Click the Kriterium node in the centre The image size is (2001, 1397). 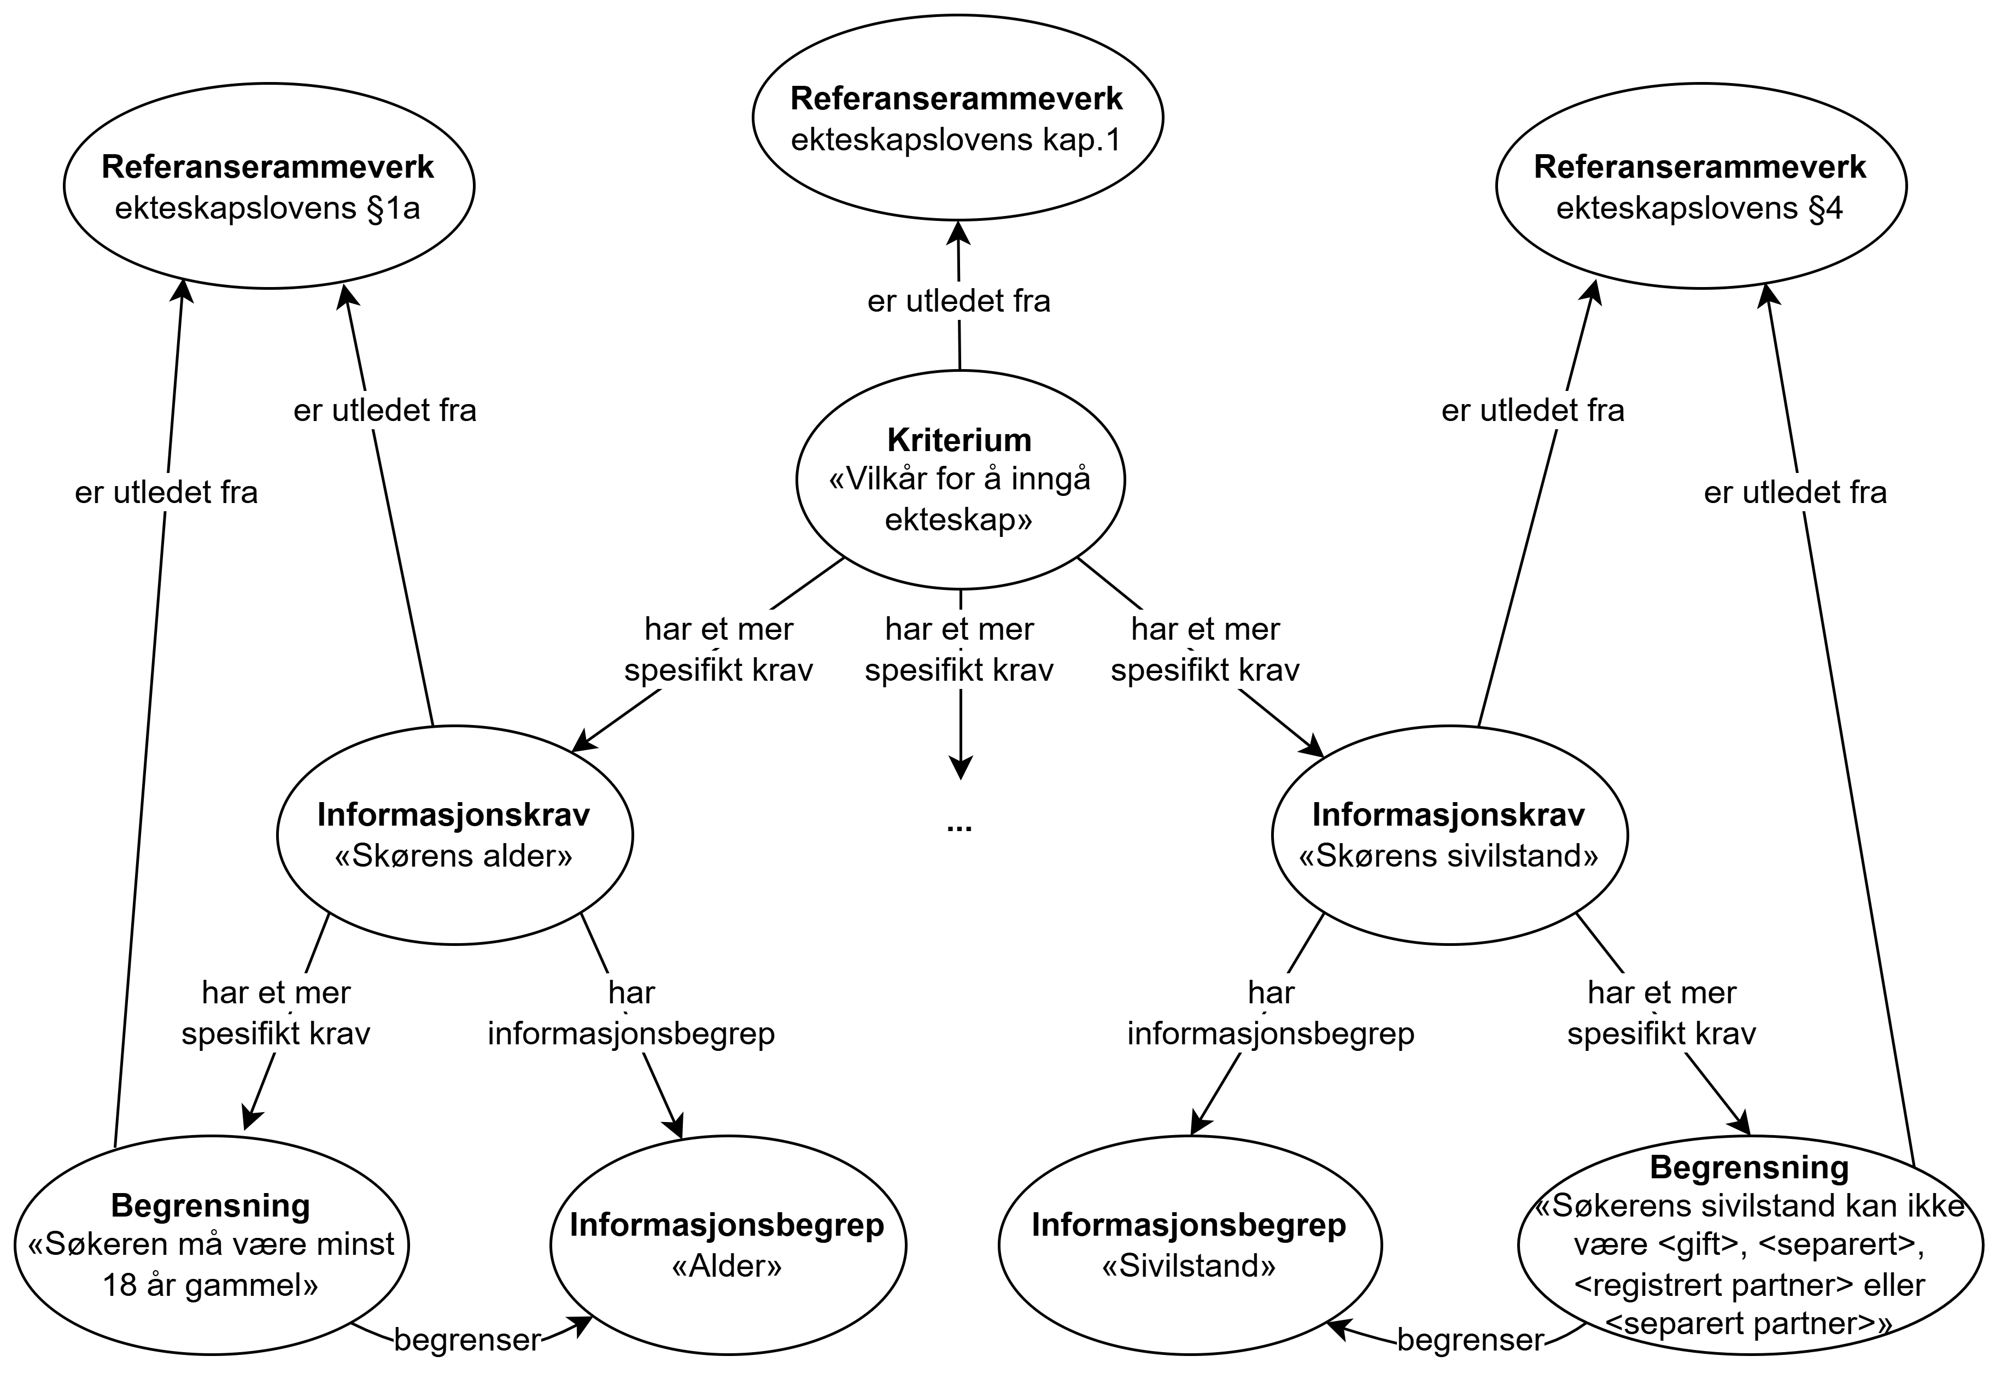point(959,480)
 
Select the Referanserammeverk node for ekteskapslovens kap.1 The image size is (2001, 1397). point(957,118)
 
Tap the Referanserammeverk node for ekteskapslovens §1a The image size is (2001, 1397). point(268,185)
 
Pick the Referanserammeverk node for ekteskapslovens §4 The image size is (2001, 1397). point(1700,185)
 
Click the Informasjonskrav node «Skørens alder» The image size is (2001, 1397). point(454,835)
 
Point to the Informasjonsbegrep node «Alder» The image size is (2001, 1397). point(728,1244)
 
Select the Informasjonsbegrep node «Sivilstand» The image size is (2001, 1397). point(1190,1244)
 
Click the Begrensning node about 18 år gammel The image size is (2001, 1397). point(211,1244)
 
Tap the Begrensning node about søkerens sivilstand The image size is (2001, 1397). point(1750,1244)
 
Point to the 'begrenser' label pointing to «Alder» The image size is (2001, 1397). point(467,1340)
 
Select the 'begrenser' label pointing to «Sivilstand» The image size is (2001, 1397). point(1470,1340)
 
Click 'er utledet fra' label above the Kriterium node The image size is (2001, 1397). point(958,301)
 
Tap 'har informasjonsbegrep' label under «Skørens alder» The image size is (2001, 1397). point(631,1014)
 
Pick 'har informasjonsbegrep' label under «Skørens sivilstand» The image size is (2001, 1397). point(1271,1014)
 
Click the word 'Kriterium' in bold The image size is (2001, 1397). point(959,440)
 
